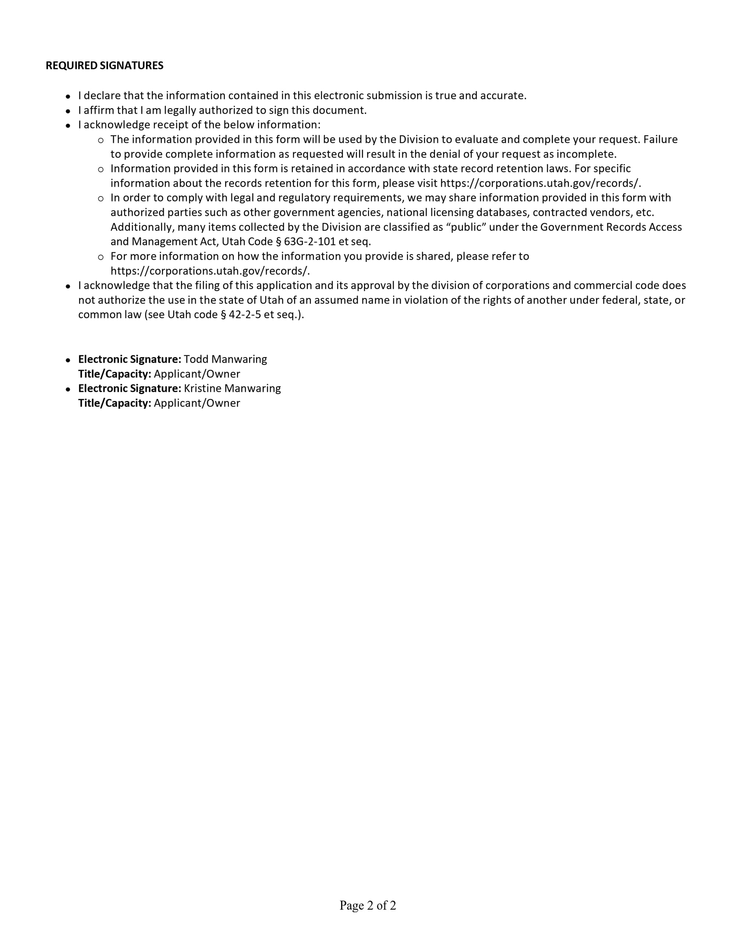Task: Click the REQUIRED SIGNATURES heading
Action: pos(104,65)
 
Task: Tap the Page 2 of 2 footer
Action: pos(368,905)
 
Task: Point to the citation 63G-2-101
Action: pos(311,242)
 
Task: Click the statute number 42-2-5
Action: pos(245,315)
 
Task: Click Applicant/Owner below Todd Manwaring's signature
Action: pos(197,374)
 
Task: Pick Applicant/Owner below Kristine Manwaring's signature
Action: pos(197,403)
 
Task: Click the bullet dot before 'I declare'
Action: pos(68,96)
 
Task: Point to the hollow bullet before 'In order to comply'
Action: pos(101,199)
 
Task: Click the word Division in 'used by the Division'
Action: pos(418,139)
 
